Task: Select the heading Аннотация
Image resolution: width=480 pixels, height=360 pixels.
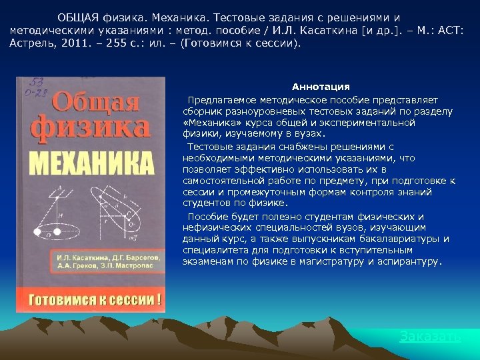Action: [321, 87]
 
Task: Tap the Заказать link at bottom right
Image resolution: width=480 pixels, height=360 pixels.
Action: [430, 337]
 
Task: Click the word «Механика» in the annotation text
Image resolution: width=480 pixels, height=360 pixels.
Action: [209, 123]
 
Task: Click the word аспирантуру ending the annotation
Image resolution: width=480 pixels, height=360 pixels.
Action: [408, 261]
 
